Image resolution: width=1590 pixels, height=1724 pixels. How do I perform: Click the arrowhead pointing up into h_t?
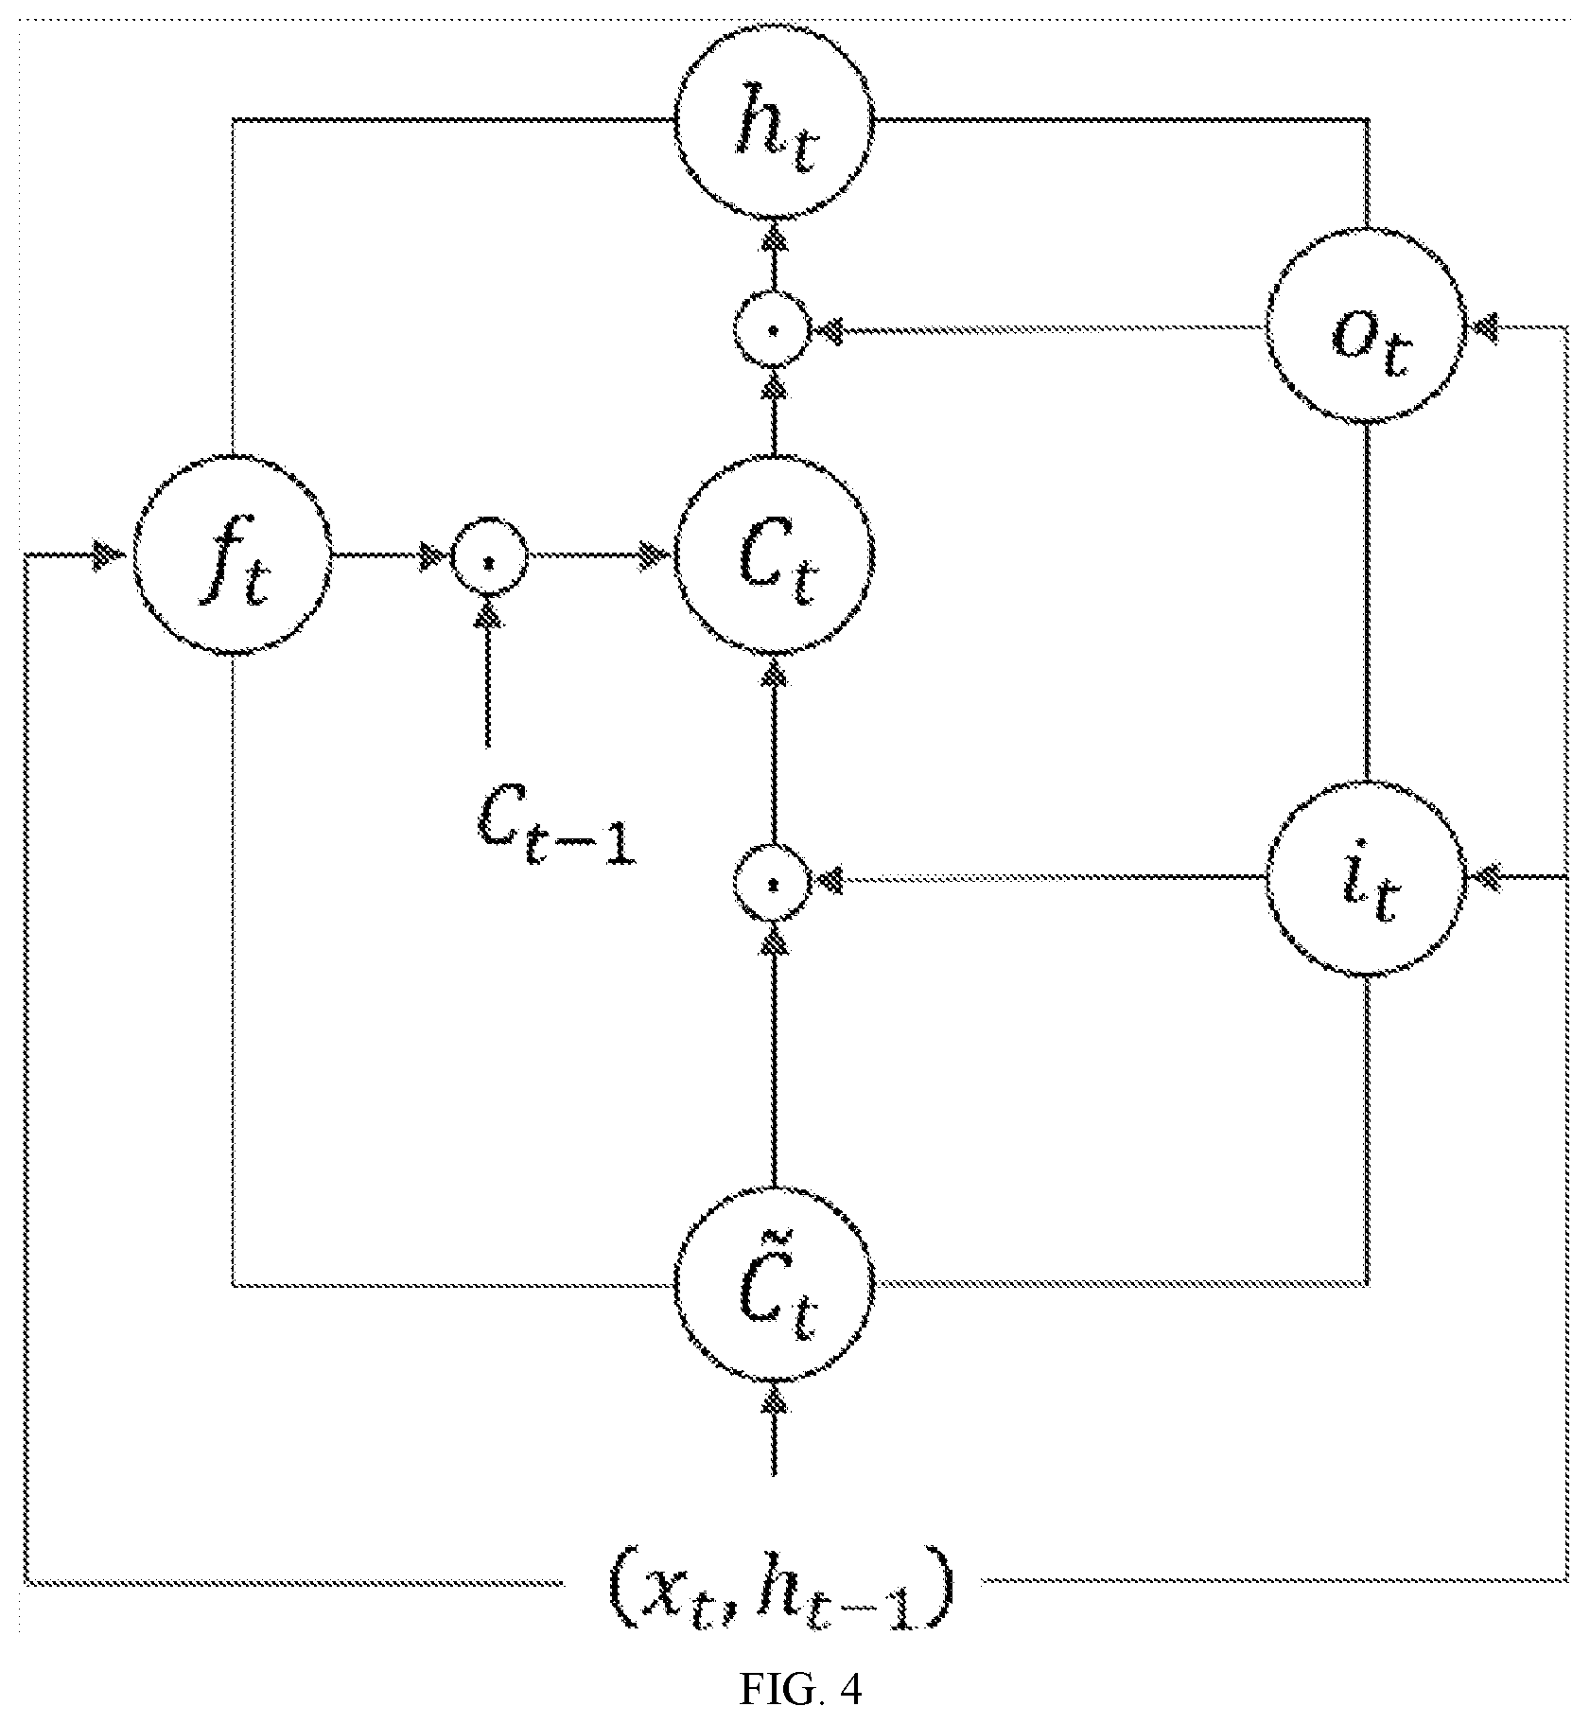click(774, 237)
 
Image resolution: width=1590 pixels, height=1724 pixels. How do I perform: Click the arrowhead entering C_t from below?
click(774, 671)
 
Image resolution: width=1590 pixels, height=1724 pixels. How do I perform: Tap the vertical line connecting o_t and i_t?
click(1366, 603)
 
